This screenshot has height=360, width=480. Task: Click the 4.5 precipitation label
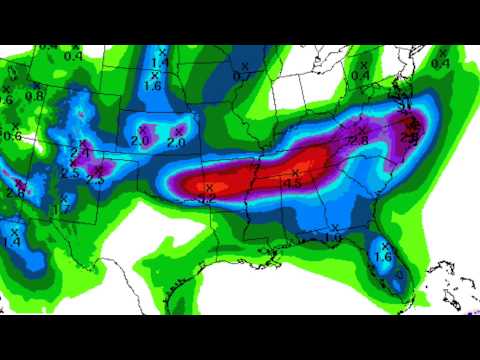tap(294, 184)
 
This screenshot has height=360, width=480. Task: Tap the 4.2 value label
tap(208, 199)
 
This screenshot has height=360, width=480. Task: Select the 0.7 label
tap(241, 76)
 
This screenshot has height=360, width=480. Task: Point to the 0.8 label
tap(34, 96)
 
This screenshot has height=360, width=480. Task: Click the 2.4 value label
tap(17, 189)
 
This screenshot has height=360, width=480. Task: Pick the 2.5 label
tap(70, 174)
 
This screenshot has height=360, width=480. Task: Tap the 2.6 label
tap(5, 100)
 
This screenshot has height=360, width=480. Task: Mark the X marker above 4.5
tap(295, 173)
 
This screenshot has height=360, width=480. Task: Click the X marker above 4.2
tap(209, 188)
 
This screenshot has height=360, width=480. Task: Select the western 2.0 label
tap(141, 142)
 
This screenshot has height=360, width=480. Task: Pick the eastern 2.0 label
tap(177, 143)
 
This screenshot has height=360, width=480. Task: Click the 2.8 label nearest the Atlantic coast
tap(409, 137)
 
